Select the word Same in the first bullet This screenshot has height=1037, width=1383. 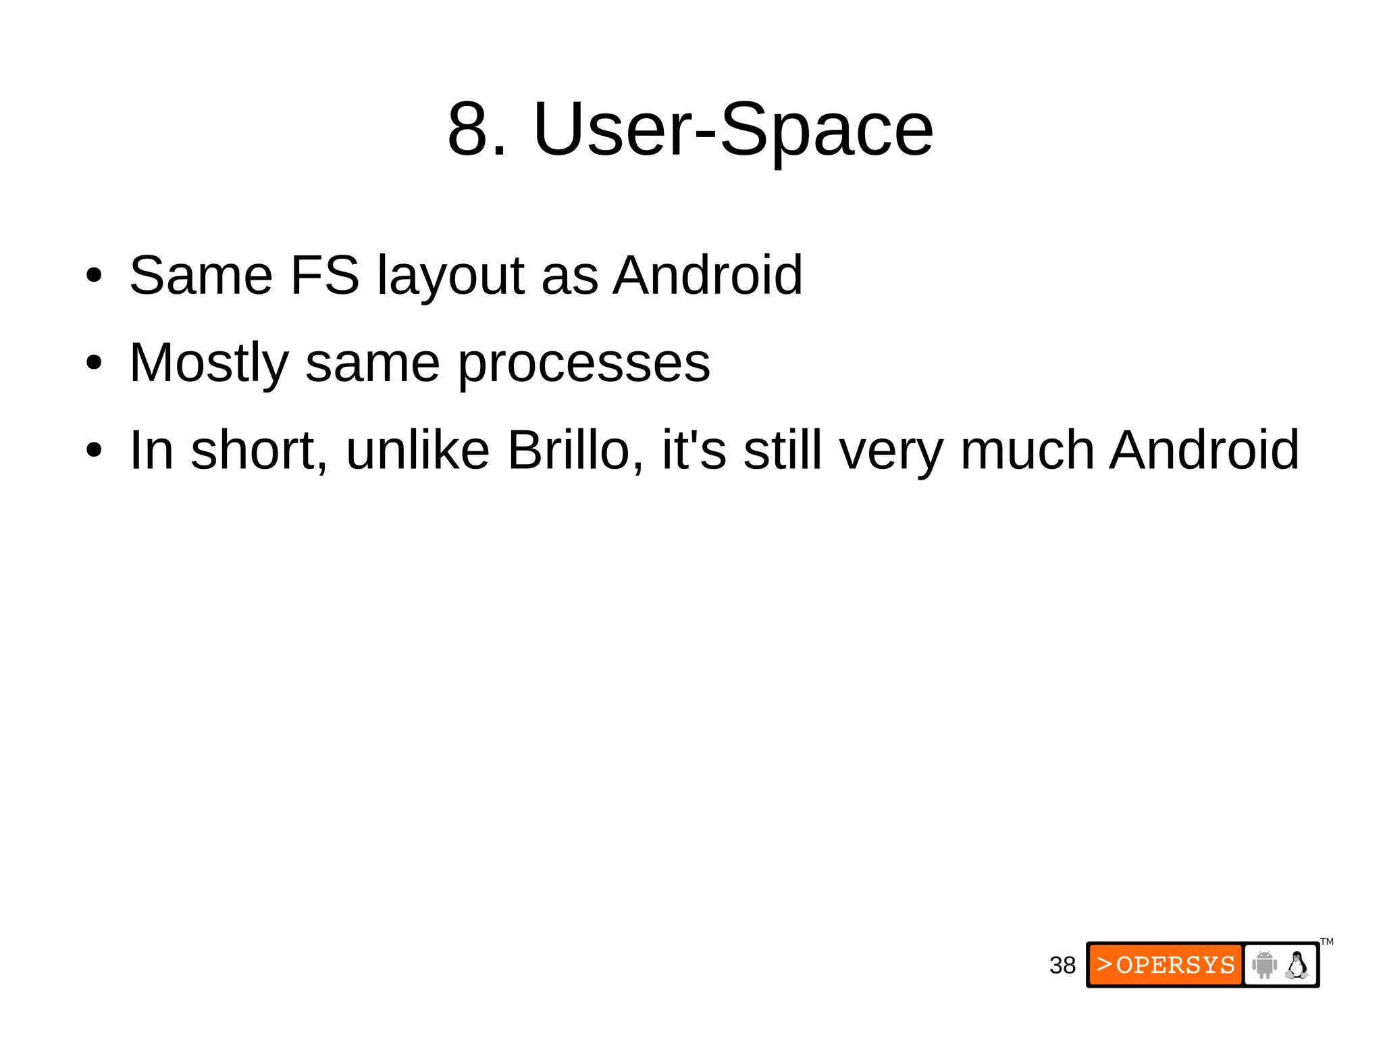201,276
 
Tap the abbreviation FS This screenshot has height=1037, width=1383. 324,276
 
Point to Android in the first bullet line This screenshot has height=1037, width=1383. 707,276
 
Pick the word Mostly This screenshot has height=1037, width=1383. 209,364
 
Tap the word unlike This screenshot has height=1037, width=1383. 417,451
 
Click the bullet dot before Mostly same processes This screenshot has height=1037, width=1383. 94,363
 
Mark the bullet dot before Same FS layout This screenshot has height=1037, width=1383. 94,276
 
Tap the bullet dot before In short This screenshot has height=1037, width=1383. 94,451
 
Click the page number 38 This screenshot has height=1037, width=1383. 1062,965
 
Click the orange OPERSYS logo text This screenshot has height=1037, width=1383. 1166,965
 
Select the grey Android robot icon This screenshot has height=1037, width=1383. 1263,964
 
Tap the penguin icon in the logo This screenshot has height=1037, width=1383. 1297,965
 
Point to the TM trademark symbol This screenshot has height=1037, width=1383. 1327,942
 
